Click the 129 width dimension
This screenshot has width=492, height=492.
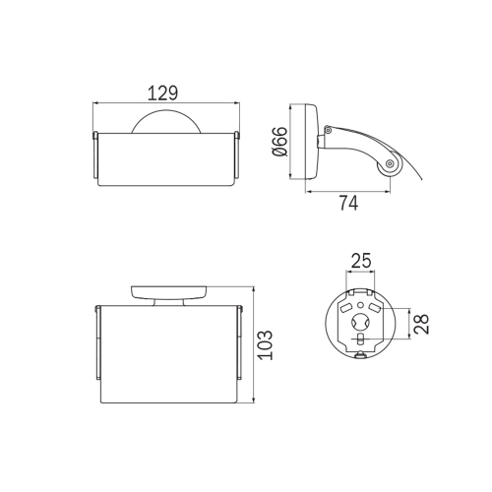coord(163,92)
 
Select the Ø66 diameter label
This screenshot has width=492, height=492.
coord(279,142)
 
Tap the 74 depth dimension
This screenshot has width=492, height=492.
coord(348,203)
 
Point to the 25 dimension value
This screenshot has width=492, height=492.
coord(361,261)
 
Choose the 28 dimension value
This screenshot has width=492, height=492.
coord(421,324)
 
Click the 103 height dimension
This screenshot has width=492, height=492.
coord(265,345)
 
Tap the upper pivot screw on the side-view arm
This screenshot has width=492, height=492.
coord(328,130)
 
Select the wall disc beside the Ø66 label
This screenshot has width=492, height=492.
coord(311,142)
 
